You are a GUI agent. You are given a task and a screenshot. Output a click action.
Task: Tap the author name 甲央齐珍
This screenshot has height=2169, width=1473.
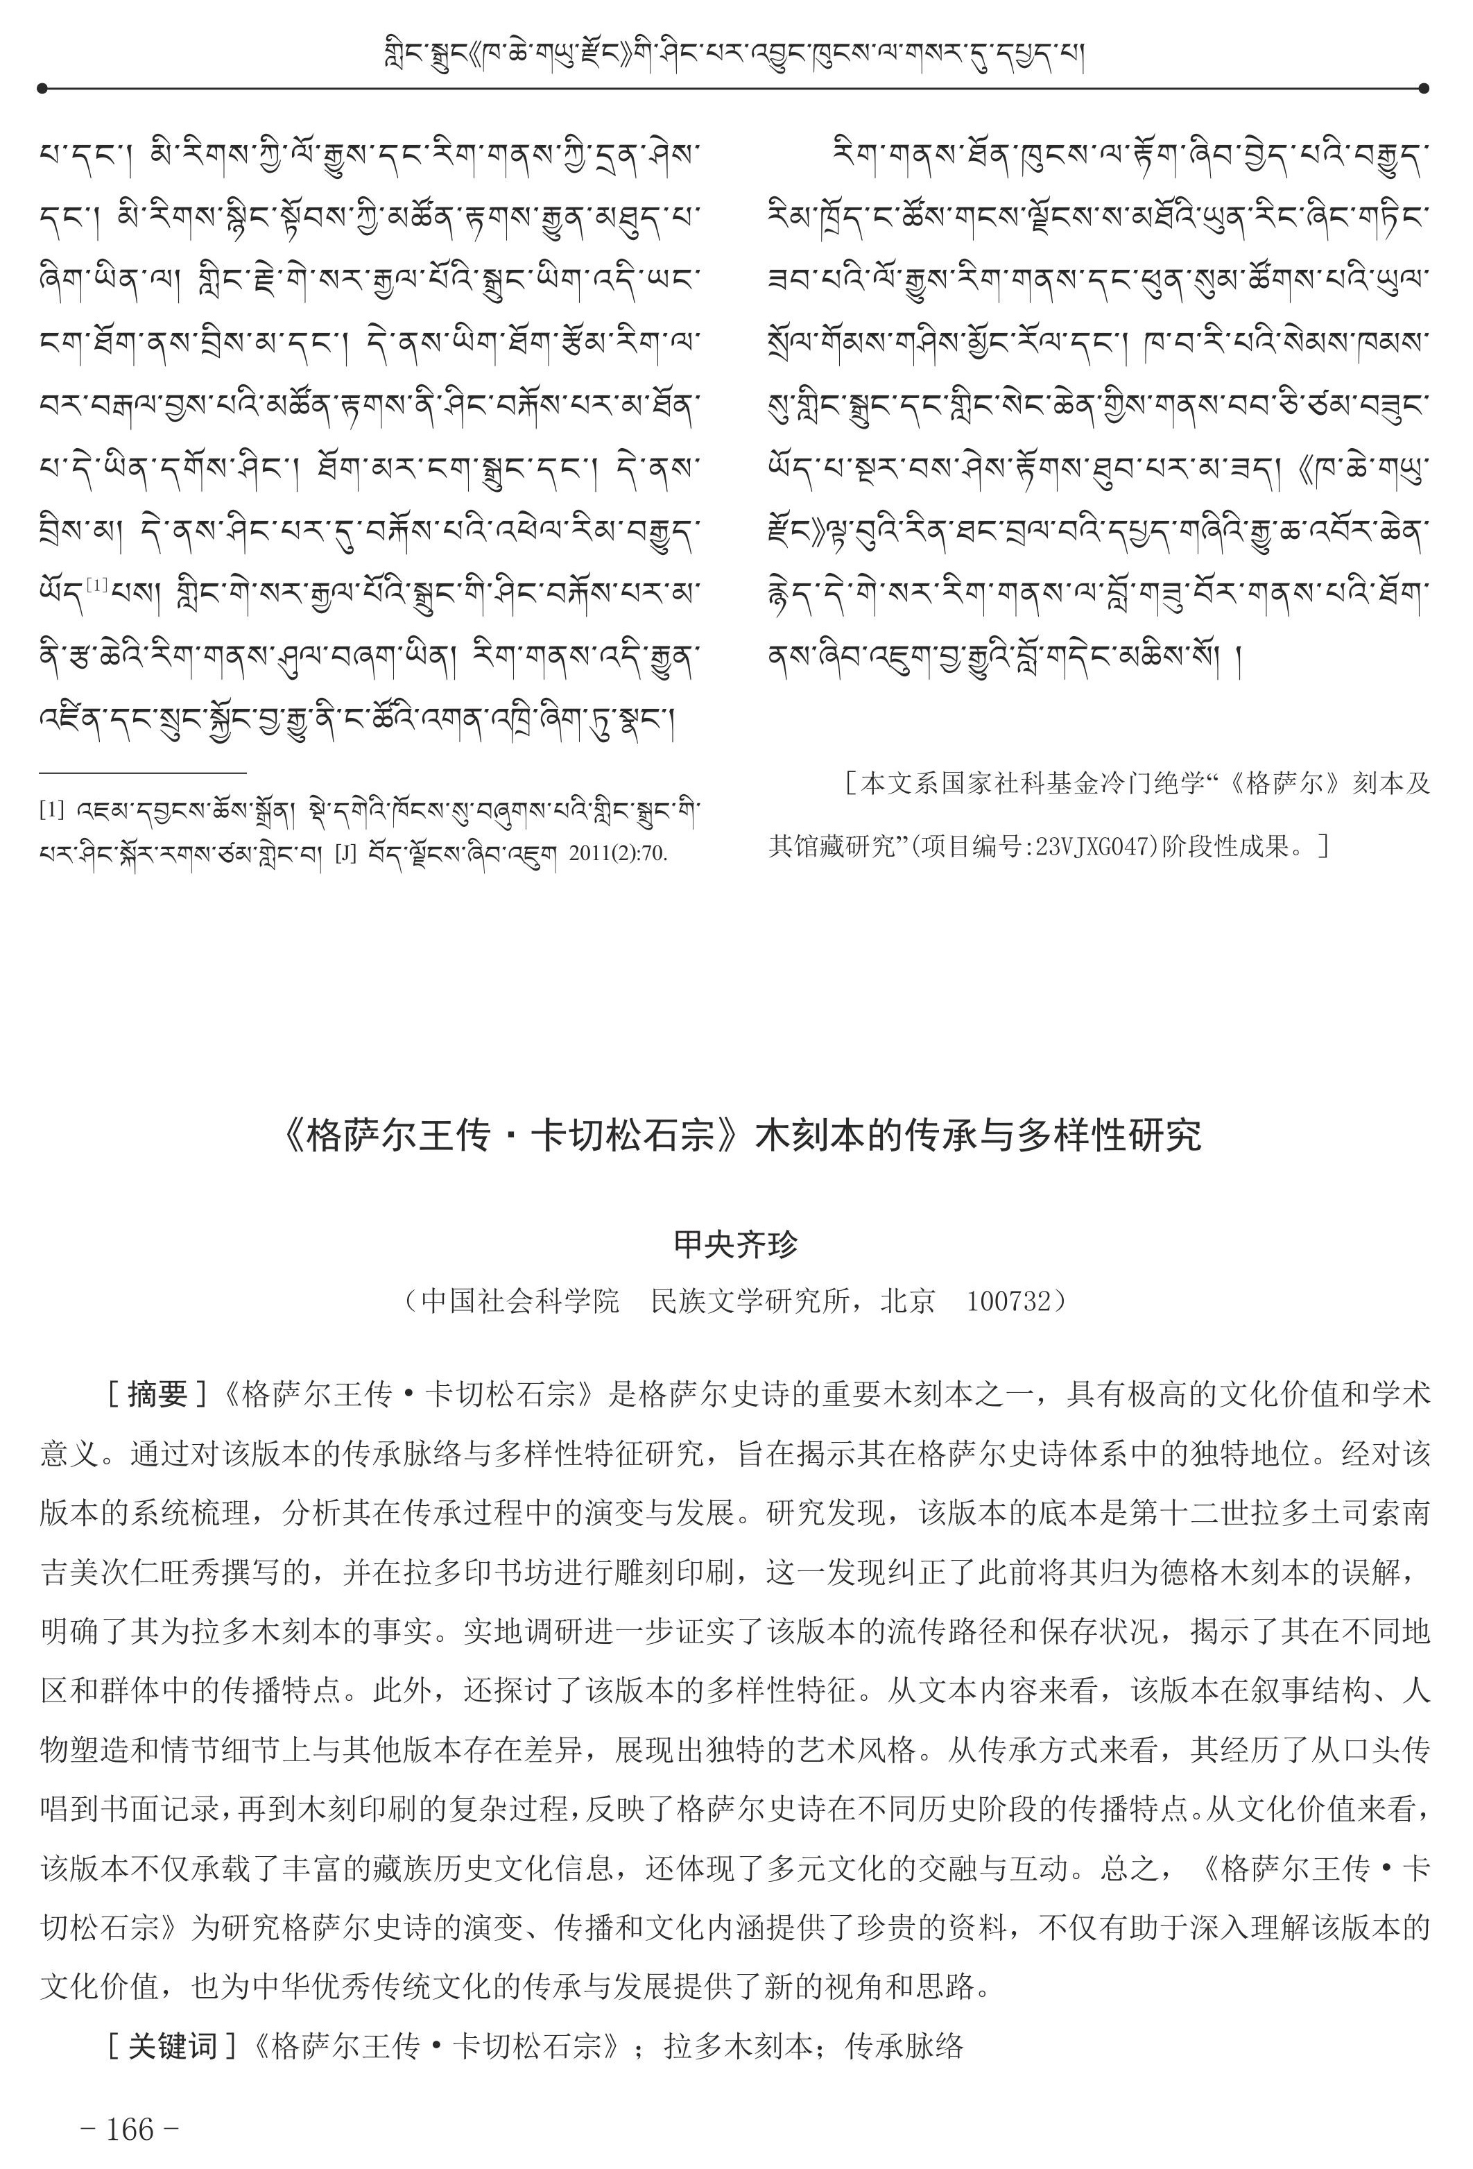(x=736, y=1244)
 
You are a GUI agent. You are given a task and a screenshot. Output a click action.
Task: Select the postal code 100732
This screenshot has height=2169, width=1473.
(x=1009, y=1301)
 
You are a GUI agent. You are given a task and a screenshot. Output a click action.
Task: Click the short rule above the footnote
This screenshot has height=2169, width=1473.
(x=143, y=773)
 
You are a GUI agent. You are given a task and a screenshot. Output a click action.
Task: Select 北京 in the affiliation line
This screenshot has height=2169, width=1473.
(x=908, y=1301)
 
